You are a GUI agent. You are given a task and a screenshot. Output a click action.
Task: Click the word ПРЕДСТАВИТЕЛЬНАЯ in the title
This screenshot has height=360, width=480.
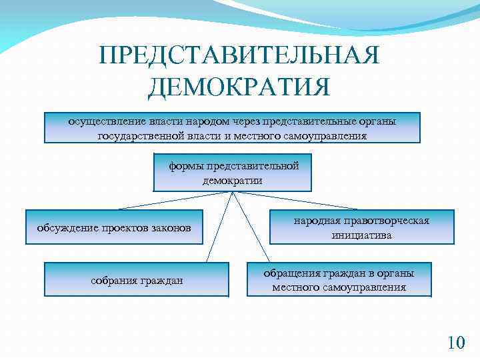click(x=239, y=55)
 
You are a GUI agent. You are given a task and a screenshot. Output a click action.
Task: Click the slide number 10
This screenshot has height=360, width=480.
click(x=456, y=343)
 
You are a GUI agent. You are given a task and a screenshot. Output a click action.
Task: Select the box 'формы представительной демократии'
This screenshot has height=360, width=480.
click(x=233, y=173)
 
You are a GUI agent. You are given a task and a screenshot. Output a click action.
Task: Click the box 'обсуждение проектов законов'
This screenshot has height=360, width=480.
click(x=114, y=228)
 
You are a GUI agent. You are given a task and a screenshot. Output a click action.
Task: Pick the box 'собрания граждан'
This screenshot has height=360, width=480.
click(x=137, y=280)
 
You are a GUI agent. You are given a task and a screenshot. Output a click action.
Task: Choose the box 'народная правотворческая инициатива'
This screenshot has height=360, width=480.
click(x=361, y=227)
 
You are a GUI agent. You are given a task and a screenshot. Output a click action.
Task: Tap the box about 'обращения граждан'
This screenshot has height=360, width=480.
click(x=339, y=280)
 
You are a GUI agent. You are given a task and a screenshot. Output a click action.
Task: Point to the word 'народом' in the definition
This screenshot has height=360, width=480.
click(x=209, y=121)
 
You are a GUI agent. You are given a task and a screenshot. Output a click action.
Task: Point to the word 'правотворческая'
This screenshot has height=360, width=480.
click(x=389, y=221)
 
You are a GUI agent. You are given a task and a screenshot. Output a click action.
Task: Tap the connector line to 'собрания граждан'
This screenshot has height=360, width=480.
click(x=221, y=227)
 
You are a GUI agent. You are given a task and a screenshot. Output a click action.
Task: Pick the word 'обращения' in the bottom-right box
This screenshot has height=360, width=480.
click(x=289, y=273)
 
